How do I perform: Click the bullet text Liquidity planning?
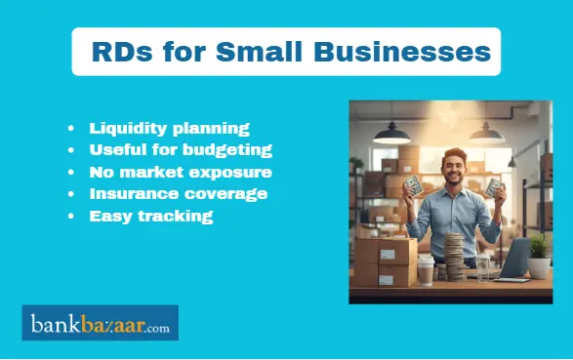pos(169,128)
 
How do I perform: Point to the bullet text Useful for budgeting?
pos(181,149)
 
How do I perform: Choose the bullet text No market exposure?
pos(181,172)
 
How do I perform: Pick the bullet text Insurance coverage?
pos(178,193)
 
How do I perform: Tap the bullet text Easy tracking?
pos(150,216)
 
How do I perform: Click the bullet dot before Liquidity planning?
pos(71,129)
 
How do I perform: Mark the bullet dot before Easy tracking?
pos(71,217)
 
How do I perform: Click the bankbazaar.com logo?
pos(100,323)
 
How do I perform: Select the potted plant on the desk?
pos(538,257)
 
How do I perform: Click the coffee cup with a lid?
pos(426,269)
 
